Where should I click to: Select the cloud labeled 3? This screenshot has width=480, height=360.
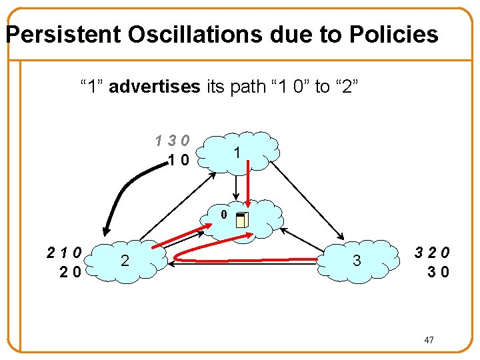pyautogui.click(x=357, y=260)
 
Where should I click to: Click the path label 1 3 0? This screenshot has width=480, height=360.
pyautogui.click(x=172, y=141)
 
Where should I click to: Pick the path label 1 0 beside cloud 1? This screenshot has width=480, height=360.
pyautogui.click(x=178, y=159)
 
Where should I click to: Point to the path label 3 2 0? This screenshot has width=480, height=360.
pyautogui.click(x=432, y=253)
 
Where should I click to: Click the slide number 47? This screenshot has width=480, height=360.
pyautogui.click(x=429, y=341)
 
